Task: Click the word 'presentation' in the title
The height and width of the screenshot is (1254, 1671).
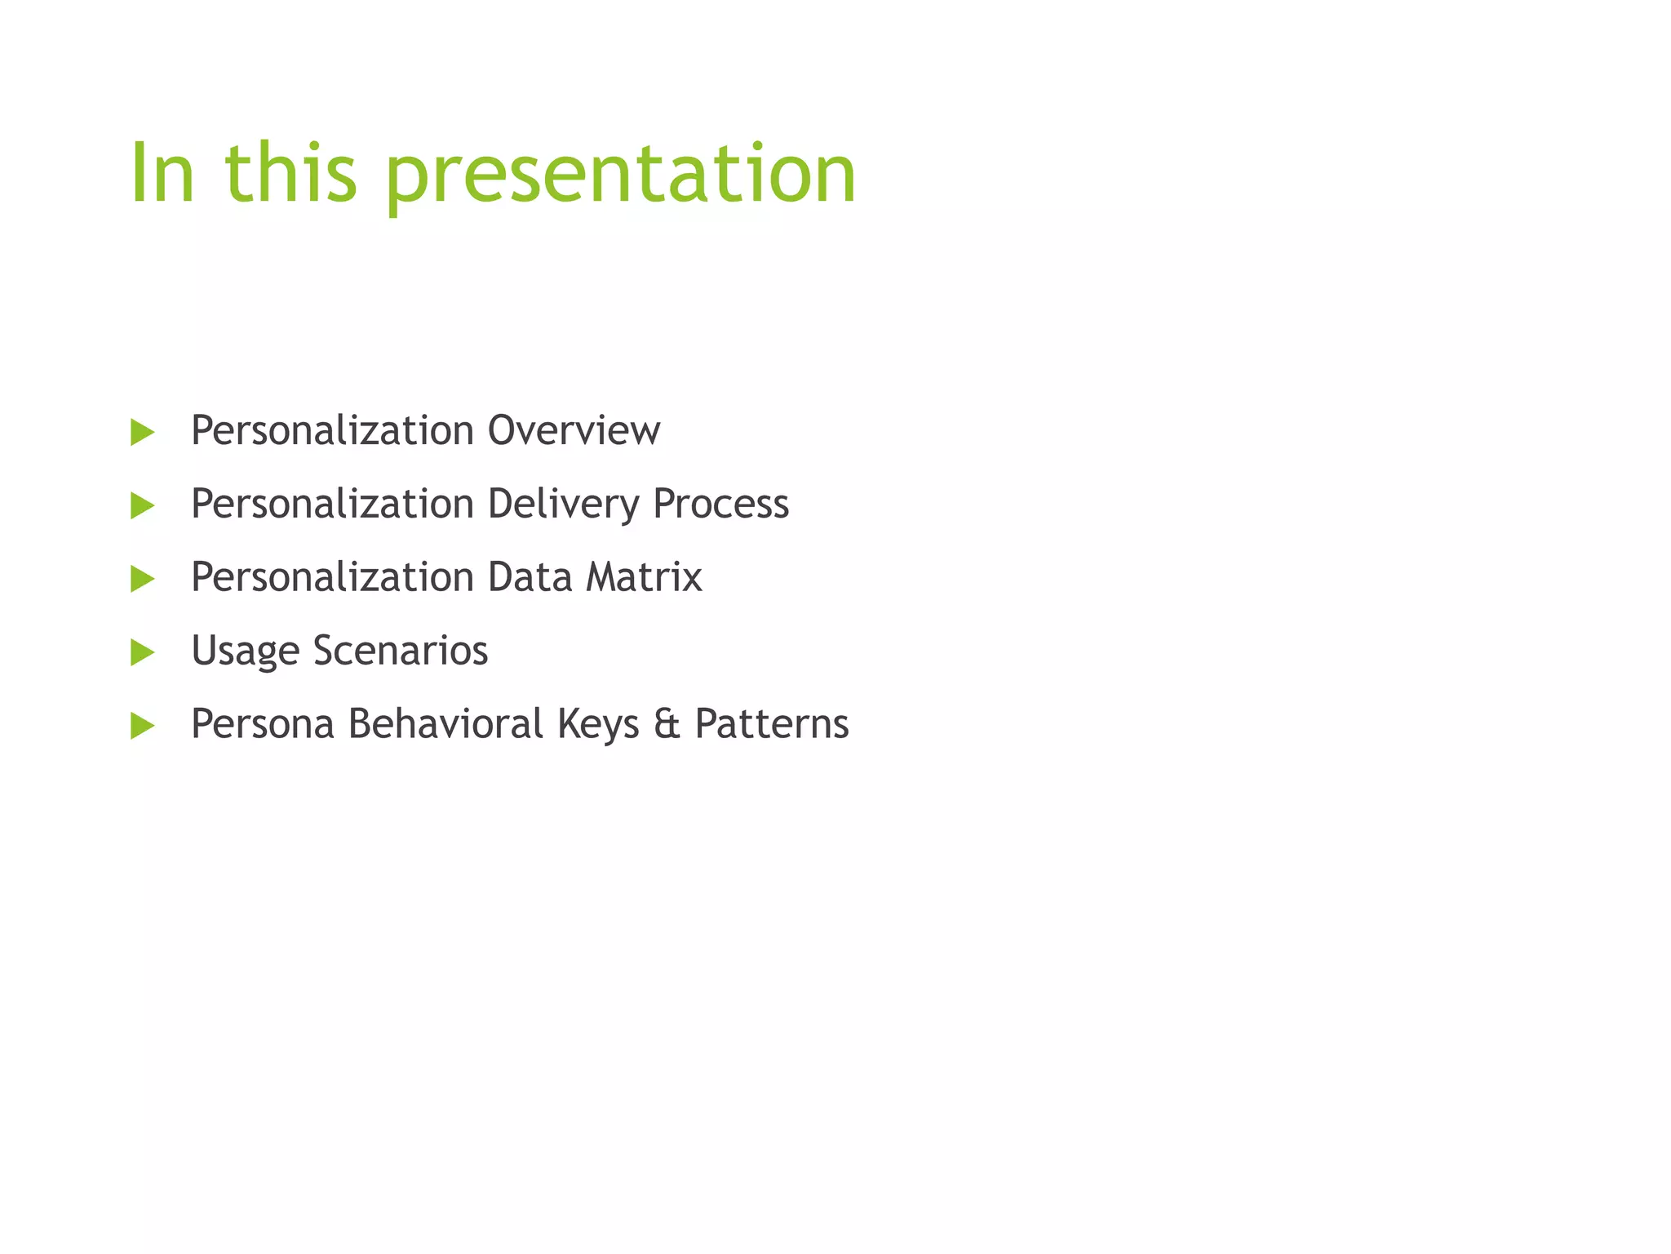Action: (620, 173)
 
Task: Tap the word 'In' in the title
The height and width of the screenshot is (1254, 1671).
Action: (162, 173)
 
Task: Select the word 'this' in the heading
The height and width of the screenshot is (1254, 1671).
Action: (290, 173)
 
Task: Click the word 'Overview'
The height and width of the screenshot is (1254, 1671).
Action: (574, 430)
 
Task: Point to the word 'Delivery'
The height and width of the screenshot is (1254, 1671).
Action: (563, 504)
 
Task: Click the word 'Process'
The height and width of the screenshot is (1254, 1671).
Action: (720, 504)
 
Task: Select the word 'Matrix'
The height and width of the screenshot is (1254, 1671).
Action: (644, 577)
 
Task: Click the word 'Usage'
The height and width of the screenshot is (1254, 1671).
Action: (245, 651)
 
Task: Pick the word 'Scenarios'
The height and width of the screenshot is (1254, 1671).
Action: (400, 651)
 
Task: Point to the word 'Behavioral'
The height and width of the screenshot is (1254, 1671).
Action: (445, 724)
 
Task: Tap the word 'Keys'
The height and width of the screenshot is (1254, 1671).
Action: (598, 725)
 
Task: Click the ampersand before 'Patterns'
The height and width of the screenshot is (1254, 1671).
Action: (667, 724)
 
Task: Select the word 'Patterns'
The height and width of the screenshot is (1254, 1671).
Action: (771, 724)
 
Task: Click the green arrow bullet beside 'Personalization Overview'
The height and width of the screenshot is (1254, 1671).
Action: (142, 432)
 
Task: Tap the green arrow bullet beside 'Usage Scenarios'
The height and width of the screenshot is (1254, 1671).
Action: (142, 652)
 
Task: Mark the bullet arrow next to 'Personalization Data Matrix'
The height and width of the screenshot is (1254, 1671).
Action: (142, 579)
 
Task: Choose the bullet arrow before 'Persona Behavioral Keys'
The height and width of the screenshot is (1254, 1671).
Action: (142, 725)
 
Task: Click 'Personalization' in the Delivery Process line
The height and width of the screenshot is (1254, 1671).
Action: (332, 504)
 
